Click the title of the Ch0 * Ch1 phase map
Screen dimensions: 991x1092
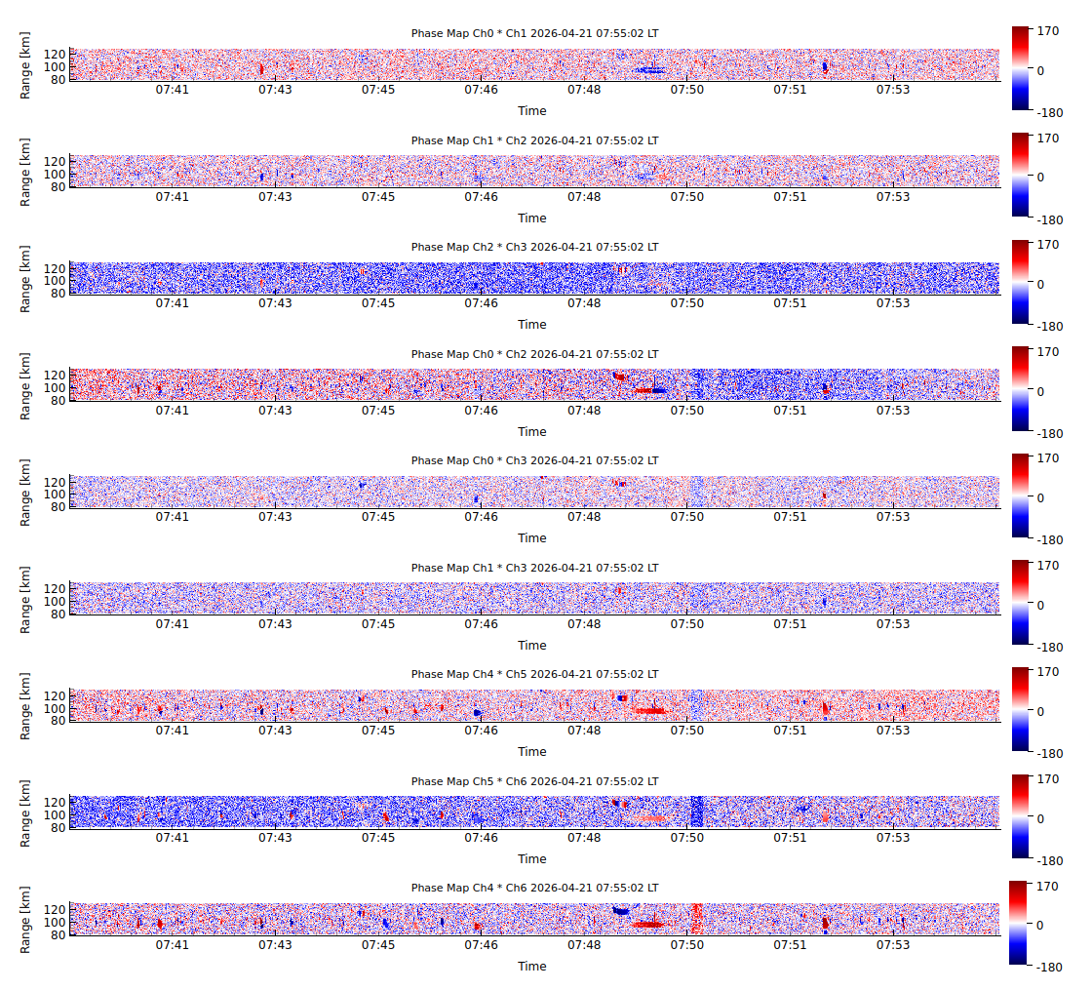(x=534, y=33)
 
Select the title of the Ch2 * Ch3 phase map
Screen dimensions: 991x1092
(x=534, y=247)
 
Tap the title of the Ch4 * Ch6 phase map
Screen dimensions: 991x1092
(x=534, y=888)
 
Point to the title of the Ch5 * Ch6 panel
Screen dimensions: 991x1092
(x=534, y=781)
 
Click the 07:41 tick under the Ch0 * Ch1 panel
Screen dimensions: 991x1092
(x=173, y=90)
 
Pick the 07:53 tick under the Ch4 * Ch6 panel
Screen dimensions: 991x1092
(x=893, y=944)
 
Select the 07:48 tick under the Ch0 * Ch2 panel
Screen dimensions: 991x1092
(x=584, y=411)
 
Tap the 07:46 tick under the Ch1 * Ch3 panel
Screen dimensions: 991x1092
(x=481, y=624)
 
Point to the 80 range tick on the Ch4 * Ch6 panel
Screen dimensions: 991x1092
(x=58, y=933)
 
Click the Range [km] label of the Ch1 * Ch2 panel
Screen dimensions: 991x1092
(x=26, y=172)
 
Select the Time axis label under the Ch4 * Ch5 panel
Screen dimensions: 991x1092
(x=532, y=752)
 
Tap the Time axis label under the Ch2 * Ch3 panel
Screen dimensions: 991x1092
(x=532, y=325)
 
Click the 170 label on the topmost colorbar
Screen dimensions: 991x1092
(x=1050, y=31)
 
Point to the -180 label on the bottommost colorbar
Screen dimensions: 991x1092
(x=1051, y=968)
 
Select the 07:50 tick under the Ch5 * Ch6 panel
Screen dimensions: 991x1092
(x=687, y=838)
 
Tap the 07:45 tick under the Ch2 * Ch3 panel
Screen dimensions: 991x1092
(x=378, y=303)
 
